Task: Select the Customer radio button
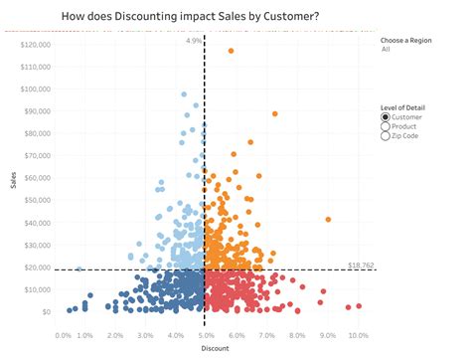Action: pos(386,117)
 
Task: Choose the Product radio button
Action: pos(386,126)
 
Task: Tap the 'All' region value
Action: pos(386,48)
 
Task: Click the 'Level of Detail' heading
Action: pos(405,107)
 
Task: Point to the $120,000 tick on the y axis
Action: pos(35,45)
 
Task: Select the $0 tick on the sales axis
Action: pos(45,311)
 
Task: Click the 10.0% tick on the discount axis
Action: pos(358,336)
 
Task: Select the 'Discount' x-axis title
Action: pos(214,349)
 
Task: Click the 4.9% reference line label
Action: pos(194,42)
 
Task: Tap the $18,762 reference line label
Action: pos(362,266)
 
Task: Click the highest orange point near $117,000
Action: pos(232,51)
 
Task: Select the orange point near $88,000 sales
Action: pos(275,114)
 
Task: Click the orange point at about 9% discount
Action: pos(328,220)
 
